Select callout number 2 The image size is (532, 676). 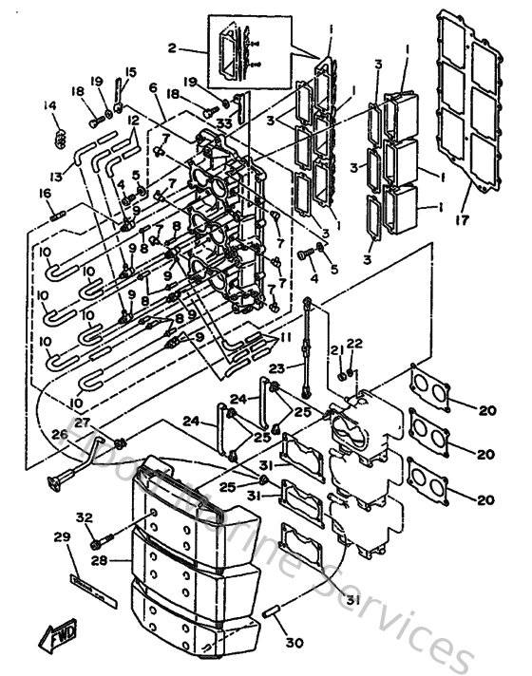pyautogui.click(x=172, y=48)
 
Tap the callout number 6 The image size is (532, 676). pyautogui.click(x=152, y=87)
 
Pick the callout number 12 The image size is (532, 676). pyautogui.click(x=133, y=121)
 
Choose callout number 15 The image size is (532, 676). pyautogui.click(x=130, y=71)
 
